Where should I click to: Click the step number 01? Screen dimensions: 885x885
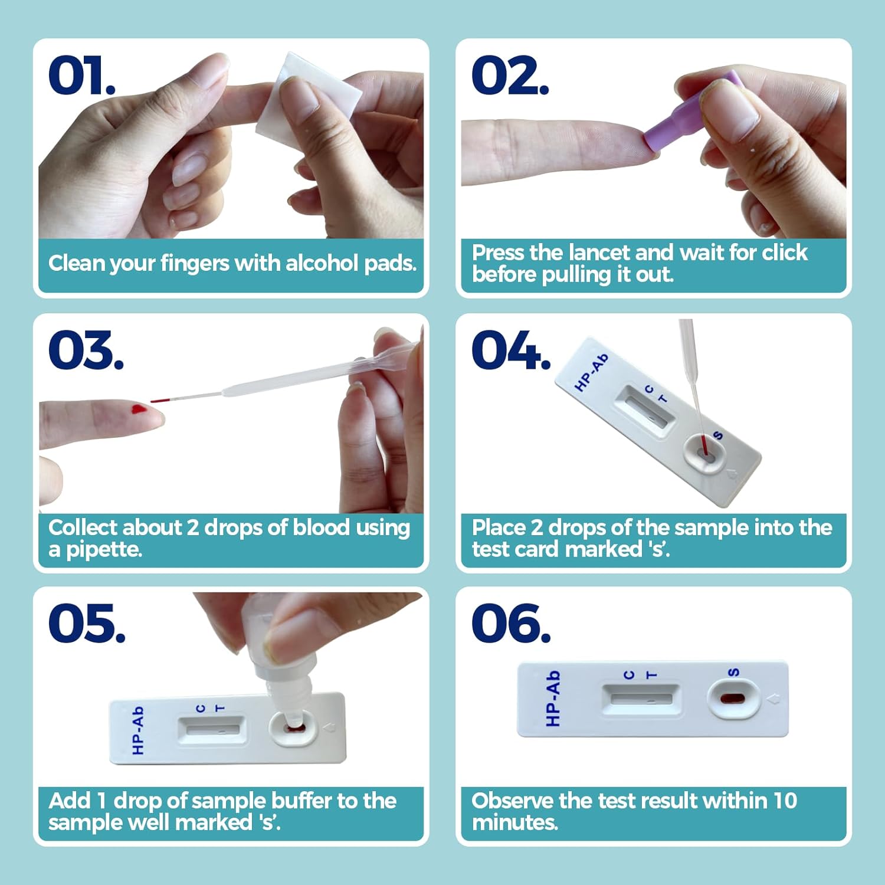point(81,75)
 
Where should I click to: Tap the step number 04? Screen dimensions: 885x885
point(511,350)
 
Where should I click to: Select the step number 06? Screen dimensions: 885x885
point(511,624)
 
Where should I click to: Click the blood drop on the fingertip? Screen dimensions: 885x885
point(139,409)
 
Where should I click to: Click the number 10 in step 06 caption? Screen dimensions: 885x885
point(785,801)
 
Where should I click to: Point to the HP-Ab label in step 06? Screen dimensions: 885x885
point(552,698)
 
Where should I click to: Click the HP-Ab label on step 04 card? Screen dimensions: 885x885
point(591,372)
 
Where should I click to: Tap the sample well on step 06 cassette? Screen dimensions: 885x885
point(733,699)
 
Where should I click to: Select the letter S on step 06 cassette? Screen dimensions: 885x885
point(733,672)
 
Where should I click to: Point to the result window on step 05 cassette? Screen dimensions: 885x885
point(212,729)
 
